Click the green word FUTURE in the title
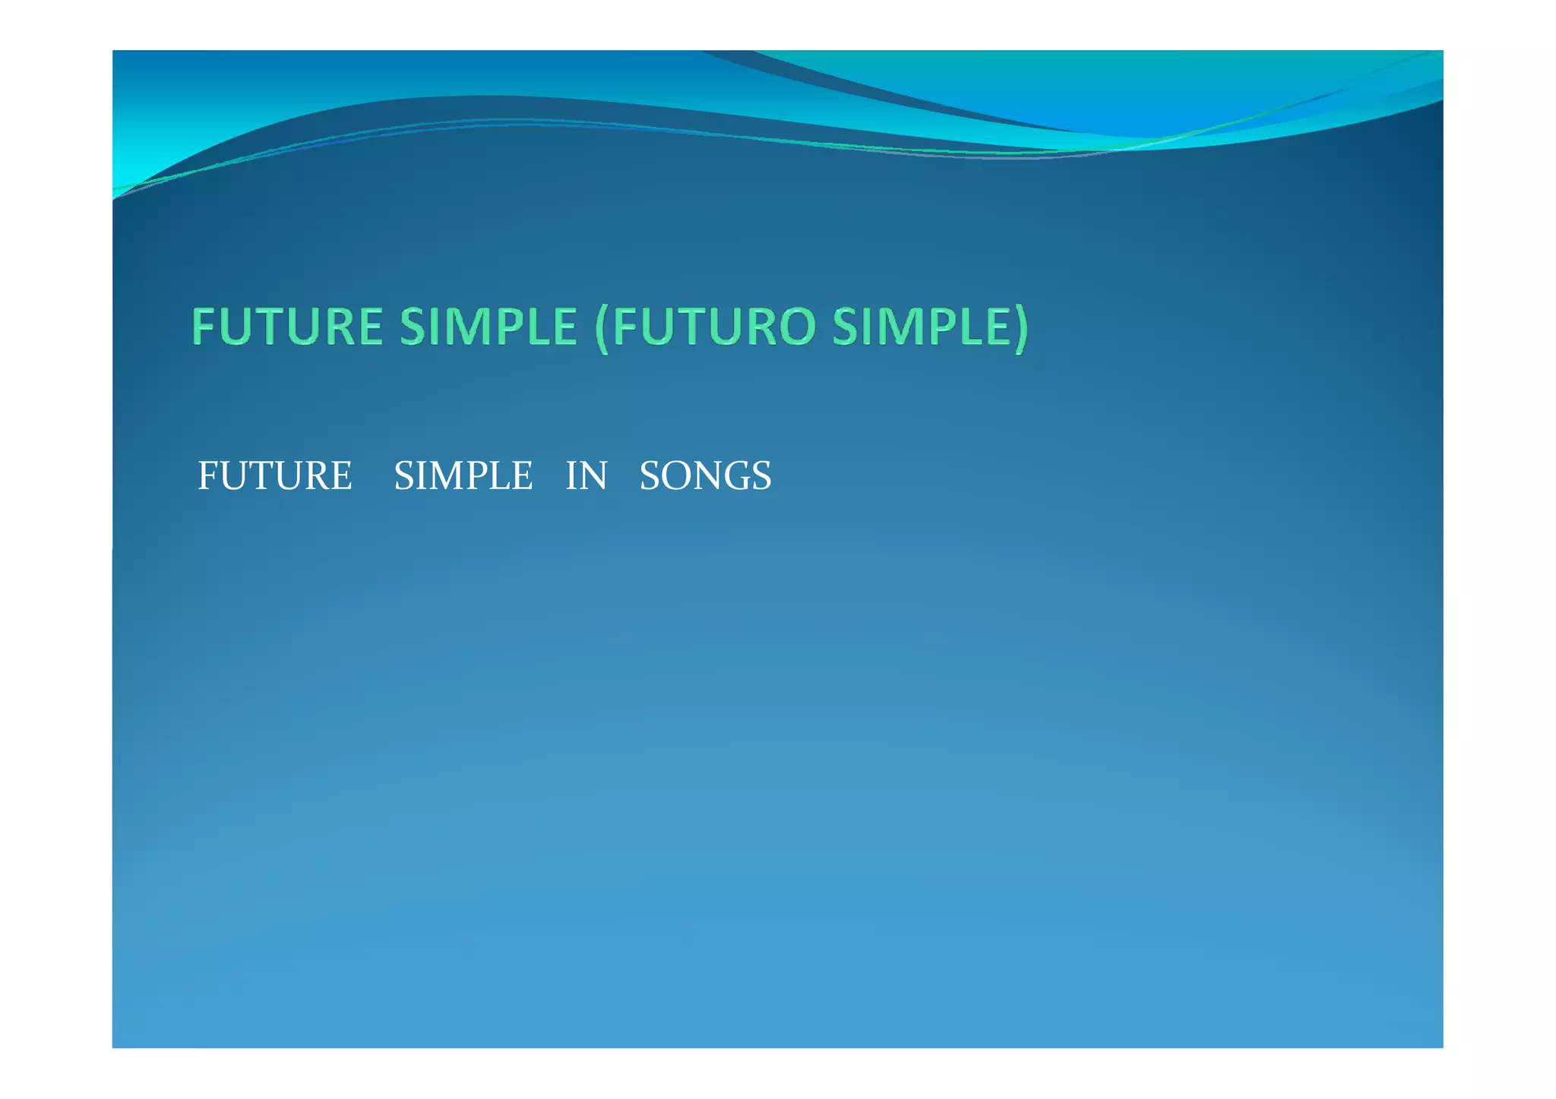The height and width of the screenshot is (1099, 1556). coord(287,327)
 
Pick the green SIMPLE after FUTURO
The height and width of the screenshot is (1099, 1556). coord(920,327)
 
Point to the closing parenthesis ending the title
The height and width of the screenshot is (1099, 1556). coord(1020,328)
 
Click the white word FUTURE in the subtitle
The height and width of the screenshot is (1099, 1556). coord(274,476)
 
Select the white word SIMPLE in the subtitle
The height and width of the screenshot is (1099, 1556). coord(463,476)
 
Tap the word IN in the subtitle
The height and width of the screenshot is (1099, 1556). coord(586,476)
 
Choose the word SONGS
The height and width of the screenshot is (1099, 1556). coord(705,476)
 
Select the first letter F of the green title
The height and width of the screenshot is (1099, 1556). coord(203,327)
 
